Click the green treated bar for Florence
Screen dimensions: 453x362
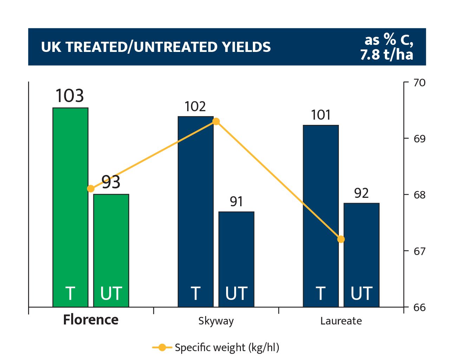70,207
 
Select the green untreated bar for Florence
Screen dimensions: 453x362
111,250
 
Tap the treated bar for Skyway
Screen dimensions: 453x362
196,212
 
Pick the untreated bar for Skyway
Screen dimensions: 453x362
236,259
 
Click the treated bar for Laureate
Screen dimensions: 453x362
321,216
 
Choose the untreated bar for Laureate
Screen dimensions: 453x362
362,255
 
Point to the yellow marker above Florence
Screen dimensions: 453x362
91,189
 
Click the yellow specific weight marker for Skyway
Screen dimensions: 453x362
216,121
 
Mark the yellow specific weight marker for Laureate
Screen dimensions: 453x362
341,239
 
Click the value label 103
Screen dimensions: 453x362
70,96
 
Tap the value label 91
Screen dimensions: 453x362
236,201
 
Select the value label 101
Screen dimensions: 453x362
321,115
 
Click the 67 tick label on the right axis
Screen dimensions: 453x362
419,251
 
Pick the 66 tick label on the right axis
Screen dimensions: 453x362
419,307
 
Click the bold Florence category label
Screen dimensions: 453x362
91,320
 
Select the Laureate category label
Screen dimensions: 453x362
341,321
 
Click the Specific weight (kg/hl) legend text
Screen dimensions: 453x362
227,348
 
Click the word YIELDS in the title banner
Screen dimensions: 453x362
247,47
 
